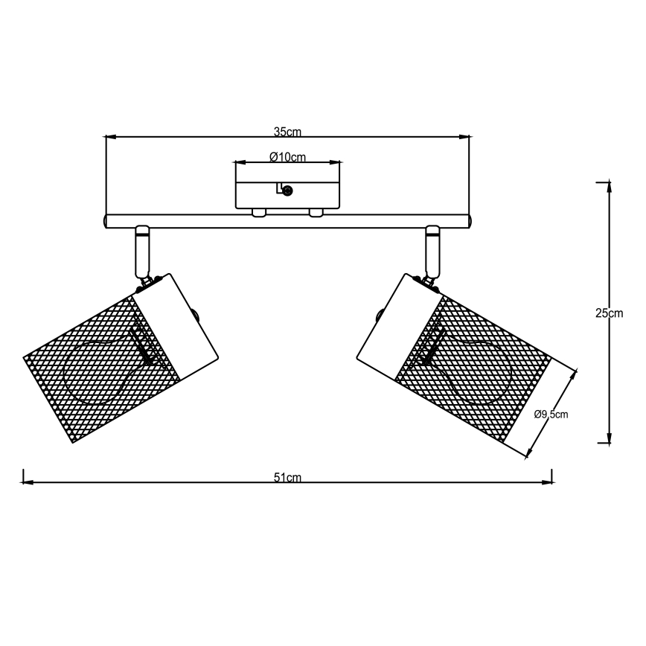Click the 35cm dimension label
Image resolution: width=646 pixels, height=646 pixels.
pyautogui.click(x=287, y=132)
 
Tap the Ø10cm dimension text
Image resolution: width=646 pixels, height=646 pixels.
pyautogui.click(x=287, y=156)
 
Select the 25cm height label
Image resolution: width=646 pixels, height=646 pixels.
pyautogui.click(x=610, y=313)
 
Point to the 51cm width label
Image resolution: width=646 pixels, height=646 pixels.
pyautogui.click(x=287, y=478)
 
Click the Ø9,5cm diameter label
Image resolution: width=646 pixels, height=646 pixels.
pyautogui.click(x=551, y=415)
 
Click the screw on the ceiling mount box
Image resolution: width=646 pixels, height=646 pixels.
pyautogui.click(x=287, y=191)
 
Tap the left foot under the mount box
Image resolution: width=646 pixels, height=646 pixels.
pyautogui.click(x=259, y=213)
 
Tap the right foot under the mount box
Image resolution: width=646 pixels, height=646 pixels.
pyautogui.click(x=316, y=213)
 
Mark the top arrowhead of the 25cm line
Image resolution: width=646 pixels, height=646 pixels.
pyautogui.click(x=610, y=187)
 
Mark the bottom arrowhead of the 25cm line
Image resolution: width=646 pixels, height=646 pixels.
pyautogui.click(x=610, y=438)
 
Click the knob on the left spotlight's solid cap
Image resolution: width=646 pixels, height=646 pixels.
pyautogui.click(x=196, y=315)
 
